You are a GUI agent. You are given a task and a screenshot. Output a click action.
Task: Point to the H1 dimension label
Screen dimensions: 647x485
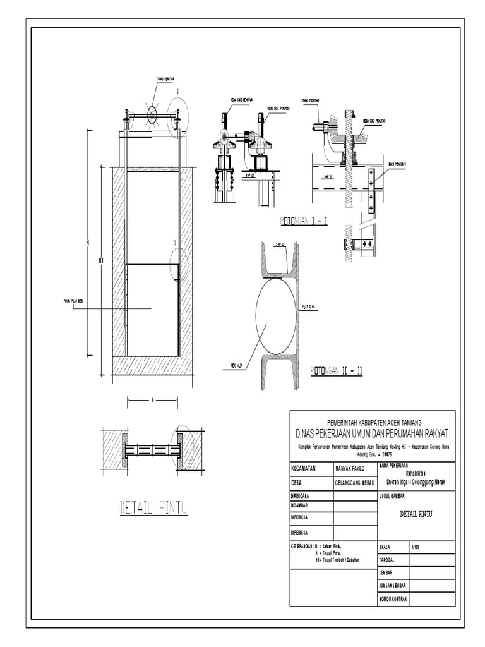(100, 260)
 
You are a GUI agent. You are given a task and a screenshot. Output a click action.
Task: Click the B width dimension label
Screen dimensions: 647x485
(152, 399)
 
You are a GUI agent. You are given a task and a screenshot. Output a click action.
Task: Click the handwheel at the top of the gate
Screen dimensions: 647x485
(153, 114)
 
